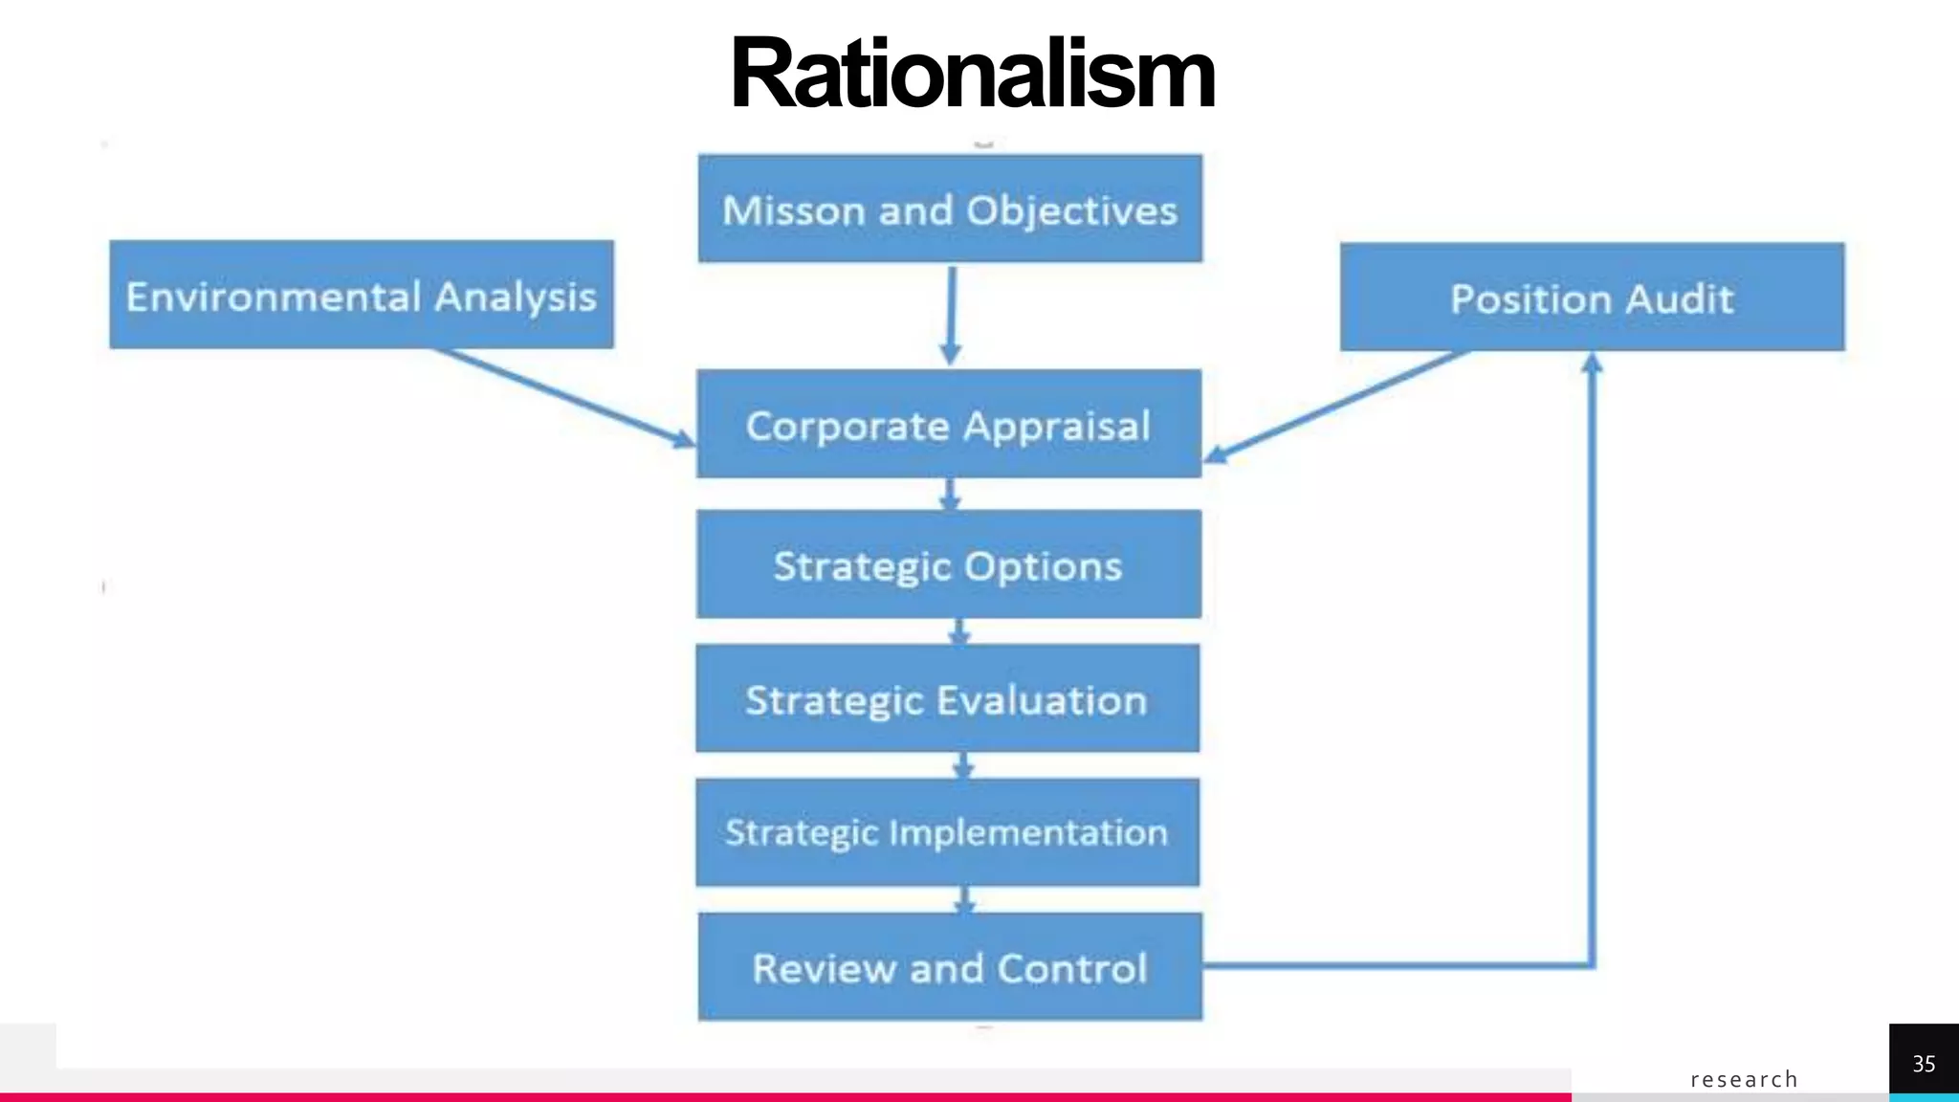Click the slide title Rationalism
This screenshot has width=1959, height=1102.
(x=972, y=74)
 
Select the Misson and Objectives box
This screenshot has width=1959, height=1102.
(x=950, y=209)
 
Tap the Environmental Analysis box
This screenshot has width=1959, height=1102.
(x=362, y=295)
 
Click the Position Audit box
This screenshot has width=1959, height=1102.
(x=1592, y=298)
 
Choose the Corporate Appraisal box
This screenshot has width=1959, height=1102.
(x=948, y=424)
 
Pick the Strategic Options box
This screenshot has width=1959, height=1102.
(x=948, y=564)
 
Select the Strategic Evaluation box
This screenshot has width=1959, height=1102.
(x=947, y=698)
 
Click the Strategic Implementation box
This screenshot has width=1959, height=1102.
(x=947, y=832)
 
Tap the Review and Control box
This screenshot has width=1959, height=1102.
(x=950, y=967)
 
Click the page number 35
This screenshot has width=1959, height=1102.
(x=1924, y=1064)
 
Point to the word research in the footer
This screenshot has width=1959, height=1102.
(x=1744, y=1079)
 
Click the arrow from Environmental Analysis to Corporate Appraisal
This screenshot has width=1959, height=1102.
(x=564, y=398)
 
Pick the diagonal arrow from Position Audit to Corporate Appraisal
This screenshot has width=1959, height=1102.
(x=1339, y=406)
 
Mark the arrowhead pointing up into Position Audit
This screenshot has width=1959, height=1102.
(x=1592, y=364)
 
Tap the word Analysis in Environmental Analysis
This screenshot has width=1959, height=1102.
(x=516, y=298)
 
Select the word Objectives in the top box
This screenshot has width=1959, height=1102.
(x=1071, y=211)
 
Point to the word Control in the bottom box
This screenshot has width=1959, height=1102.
(x=1072, y=969)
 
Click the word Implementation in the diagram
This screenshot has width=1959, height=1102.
(x=1028, y=833)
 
